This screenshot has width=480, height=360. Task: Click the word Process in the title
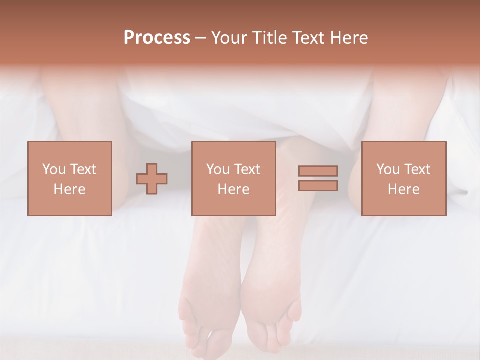[x=157, y=38]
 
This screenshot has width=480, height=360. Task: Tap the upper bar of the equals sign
[x=318, y=171]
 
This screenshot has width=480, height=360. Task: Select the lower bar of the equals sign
[x=318, y=185]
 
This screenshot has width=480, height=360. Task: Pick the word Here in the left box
[x=69, y=189]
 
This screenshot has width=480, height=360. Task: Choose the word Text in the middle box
[x=247, y=169]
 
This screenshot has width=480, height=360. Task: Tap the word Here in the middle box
[x=233, y=189]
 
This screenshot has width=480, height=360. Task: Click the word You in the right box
[x=388, y=169]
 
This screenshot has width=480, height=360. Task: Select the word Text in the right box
[x=417, y=169]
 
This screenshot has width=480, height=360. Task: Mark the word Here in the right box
[x=403, y=189]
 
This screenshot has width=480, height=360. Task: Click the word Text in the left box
[x=83, y=169]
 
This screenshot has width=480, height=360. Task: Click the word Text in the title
[x=305, y=38]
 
